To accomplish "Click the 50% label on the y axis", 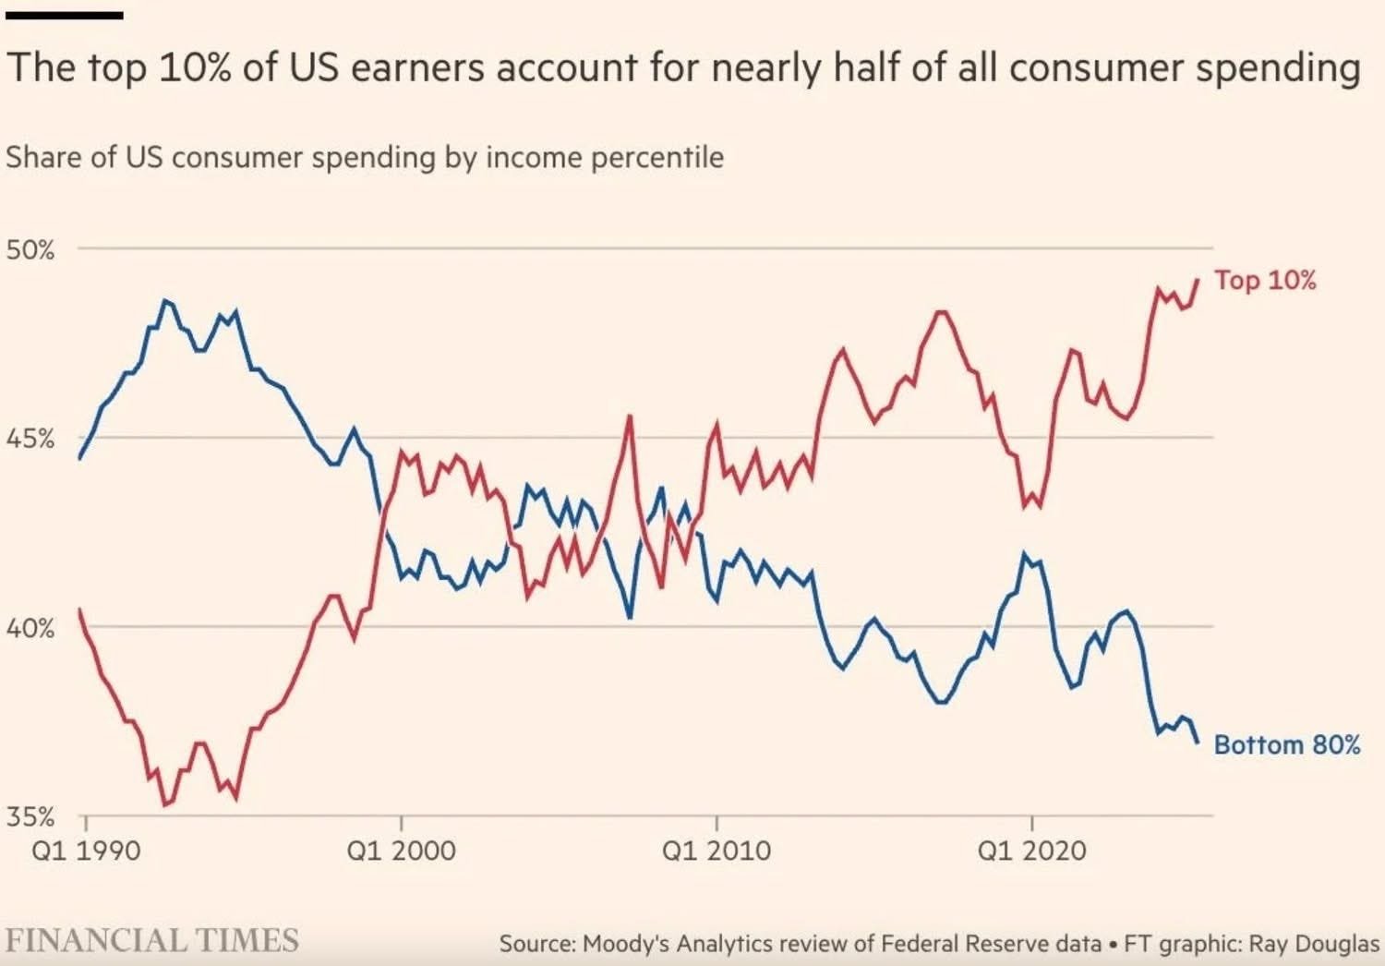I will coord(30,249).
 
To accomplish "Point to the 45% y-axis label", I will coord(30,439).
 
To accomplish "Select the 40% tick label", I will coord(30,629).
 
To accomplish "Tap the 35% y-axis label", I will coord(30,817).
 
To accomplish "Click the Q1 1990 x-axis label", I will coord(86,850).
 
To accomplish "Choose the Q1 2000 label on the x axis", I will coord(401,850).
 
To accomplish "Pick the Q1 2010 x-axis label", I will coord(716,850).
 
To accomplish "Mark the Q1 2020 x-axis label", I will coord(1031,850).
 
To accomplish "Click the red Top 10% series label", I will coord(1265,280).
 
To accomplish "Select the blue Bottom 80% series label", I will coord(1286,744).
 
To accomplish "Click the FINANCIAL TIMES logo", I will coord(152,941).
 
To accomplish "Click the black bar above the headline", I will coord(64,16).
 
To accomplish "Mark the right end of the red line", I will coord(1198,280).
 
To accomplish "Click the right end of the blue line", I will coord(1198,742).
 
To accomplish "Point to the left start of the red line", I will coord(79,610).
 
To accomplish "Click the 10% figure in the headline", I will coord(195,69).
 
